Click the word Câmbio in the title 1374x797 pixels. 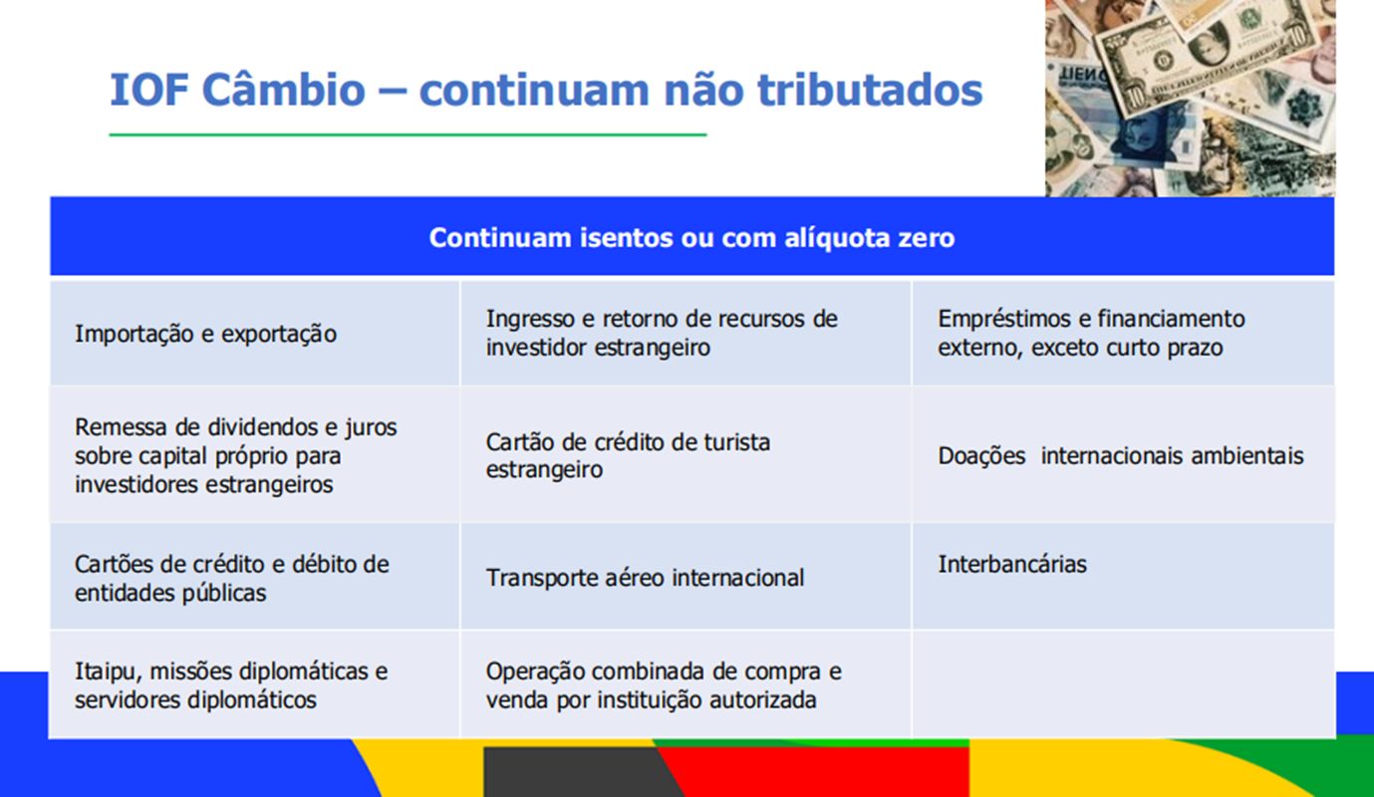[x=283, y=90]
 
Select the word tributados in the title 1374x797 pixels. [x=870, y=90]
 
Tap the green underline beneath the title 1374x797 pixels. [x=408, y=134]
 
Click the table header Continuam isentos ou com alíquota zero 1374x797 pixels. [x=691, y=237]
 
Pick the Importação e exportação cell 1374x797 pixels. [x=254, y=333]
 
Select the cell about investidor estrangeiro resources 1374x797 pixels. [x=686, y=333]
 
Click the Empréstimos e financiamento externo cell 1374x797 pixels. [x=1123, y=333]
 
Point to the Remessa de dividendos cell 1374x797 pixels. [x=254, y=454]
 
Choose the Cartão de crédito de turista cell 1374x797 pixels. [x=686, y=454]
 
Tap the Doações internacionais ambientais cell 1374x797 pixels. [x=1123, y=454]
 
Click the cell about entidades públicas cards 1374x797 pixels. [x=254, y=577]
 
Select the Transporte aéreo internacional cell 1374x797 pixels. [x=686, y=577]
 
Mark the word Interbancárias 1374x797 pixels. [x=1012, y=564]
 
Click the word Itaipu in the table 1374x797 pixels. [x=108, y=671]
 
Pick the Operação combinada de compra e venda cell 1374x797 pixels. [x=686, y=684]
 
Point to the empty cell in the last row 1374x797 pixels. [x=1123, y=684]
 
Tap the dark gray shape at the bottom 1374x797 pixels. [x=577, y=772]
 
